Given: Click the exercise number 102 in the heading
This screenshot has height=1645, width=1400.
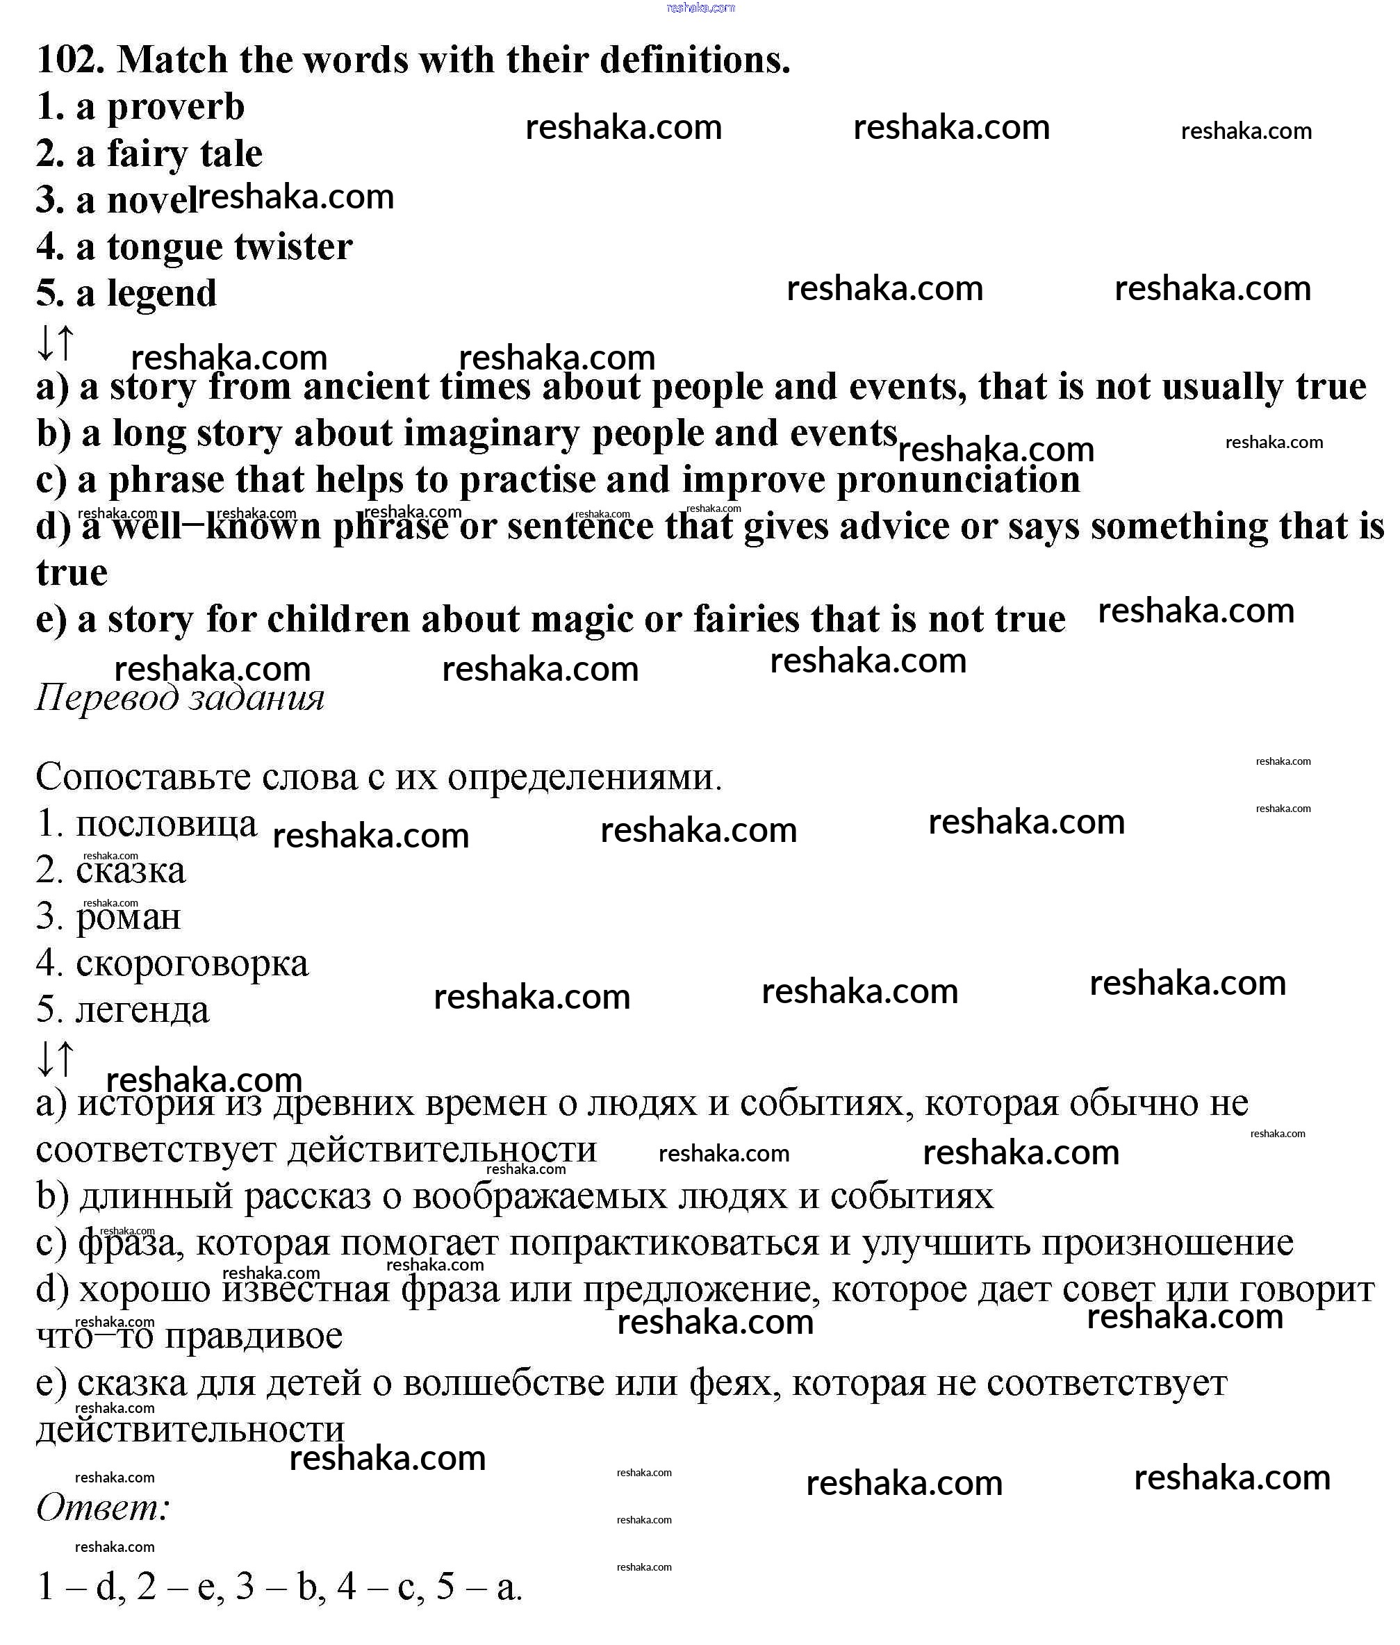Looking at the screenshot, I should tap(70, 60).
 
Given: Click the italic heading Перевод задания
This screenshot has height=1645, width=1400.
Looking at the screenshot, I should tap(180, 698).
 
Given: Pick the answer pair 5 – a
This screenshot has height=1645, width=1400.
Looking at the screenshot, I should tap(479, 1586).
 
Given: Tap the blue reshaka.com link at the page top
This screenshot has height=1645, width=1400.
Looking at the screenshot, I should tap(701, 8).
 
